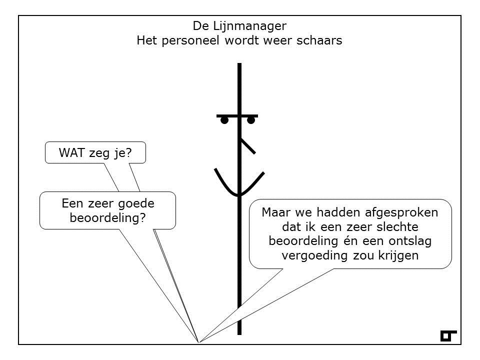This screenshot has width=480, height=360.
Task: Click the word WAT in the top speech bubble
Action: coord(72,152)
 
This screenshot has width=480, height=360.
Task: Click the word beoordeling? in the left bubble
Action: coord(108,218)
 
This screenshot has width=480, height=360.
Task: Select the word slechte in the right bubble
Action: coord(397,227)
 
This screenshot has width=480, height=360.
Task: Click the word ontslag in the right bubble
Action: coord(410,241)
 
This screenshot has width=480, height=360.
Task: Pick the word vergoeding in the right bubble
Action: coord(314,256)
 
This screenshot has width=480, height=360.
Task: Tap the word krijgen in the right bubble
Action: coord(398,256)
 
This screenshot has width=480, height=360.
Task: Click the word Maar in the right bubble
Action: coord(276,212)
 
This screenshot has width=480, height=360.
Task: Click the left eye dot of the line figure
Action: coord(224,120)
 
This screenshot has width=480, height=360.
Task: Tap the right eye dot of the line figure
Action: coord(251,120)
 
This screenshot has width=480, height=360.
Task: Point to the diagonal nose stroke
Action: coord(248,146)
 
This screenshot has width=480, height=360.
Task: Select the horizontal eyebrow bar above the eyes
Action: coord(237,116)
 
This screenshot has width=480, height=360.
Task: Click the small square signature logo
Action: coord(448,336)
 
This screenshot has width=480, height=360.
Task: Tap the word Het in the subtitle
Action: coord(146,40)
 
